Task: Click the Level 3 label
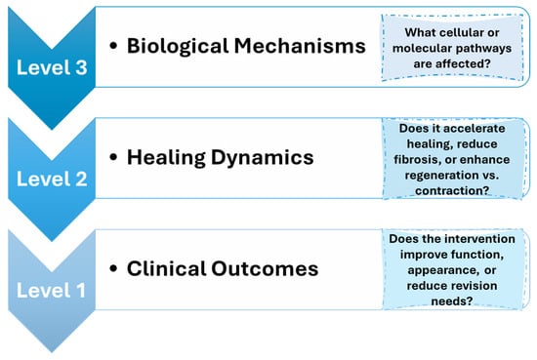pos(52,67)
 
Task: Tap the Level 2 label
pos(52,179)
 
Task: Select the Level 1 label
pos(52,290)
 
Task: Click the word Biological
pos(178,46)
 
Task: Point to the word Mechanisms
pos(300,46)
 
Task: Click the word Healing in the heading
pos(166,158)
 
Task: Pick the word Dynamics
pos(263,158)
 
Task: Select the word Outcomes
pos(265,268)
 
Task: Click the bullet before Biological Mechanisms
pos(113,46)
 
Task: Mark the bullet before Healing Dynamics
pos(113,157)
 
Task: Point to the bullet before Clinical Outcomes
pos(113,268)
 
